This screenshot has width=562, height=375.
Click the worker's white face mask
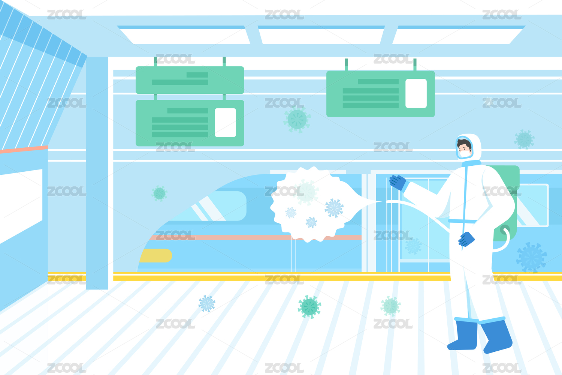coord(465,153)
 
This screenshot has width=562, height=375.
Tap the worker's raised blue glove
coord(398,182)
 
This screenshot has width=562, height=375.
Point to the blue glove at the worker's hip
coord(466,239)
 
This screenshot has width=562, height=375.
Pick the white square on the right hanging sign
coord(416,93)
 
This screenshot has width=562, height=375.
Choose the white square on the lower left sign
coord(225,123)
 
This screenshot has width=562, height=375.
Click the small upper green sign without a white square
coord(190,80)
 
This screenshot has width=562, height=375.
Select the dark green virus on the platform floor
coord(309,307)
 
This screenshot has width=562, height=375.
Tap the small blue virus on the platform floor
coord(207,303)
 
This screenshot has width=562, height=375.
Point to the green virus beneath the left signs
coord(159,193)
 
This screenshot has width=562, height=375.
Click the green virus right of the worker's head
coord(524,139)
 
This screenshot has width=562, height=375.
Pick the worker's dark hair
coord(464,143)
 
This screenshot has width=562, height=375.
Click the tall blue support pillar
coord(97,172)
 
